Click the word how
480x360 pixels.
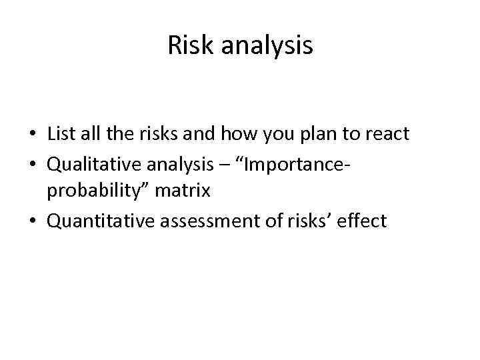click(x=253, y=134)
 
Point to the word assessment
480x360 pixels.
click(x=203, y=221)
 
